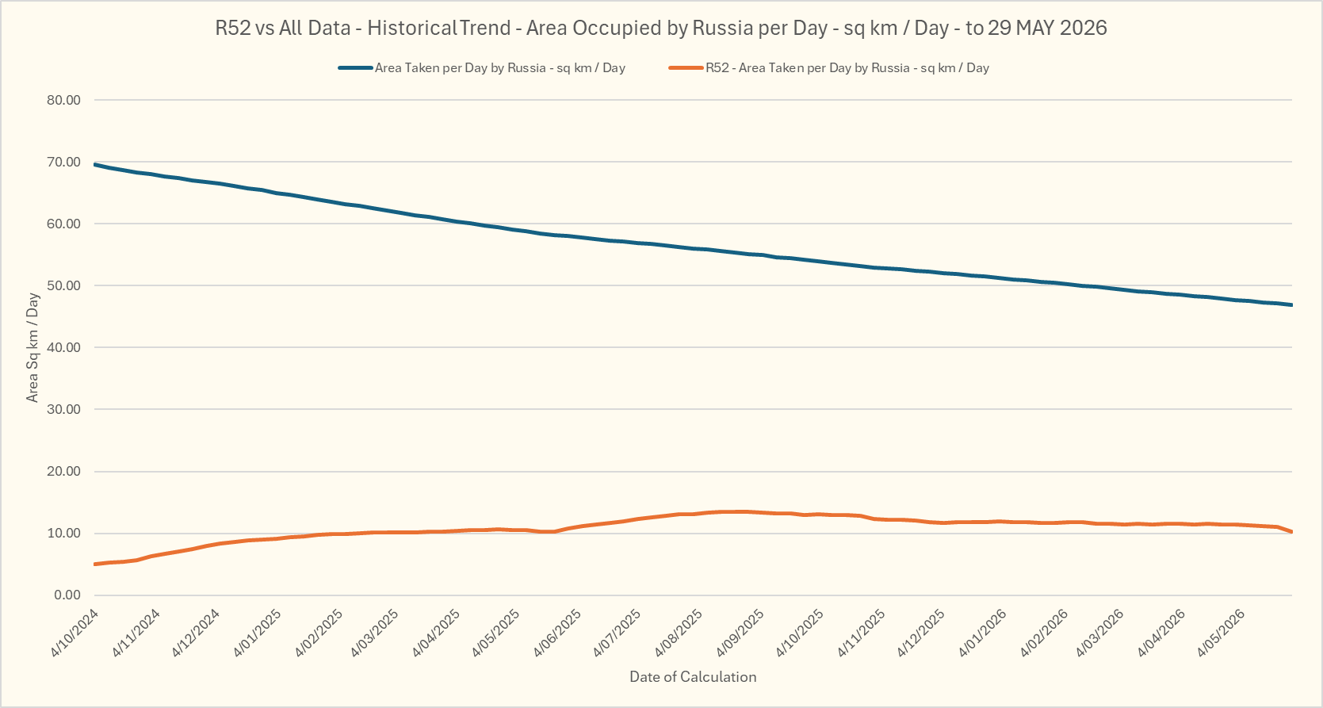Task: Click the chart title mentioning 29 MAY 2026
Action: (x=661, y=28)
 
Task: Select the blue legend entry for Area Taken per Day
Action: (x=482, y=68)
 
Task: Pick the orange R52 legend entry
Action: (x=828, y=68)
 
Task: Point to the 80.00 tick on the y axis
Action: (x=63, y=100)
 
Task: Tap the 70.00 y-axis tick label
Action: (x=63, y=162)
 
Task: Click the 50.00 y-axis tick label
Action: (x=63, y=285)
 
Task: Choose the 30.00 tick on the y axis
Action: (x=63, y=409)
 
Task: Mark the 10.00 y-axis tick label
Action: (x=63, y=534)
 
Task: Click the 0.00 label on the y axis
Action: (x=67, y=595)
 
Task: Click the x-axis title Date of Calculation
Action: (x=693, y=677)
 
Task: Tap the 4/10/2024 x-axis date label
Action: (x=75, y=633)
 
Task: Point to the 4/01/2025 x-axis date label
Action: (x=257, y=633)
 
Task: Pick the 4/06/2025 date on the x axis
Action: (x=557, y=633)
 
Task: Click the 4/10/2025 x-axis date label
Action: (x=800, y=633)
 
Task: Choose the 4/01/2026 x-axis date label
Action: (x=982, y=633)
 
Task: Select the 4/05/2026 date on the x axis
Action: (x=1222, y=633)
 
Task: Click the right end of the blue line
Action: (x=1292, y=304)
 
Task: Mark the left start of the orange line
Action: (x=95, y=564)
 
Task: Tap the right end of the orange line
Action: (x=1292, y=531)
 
